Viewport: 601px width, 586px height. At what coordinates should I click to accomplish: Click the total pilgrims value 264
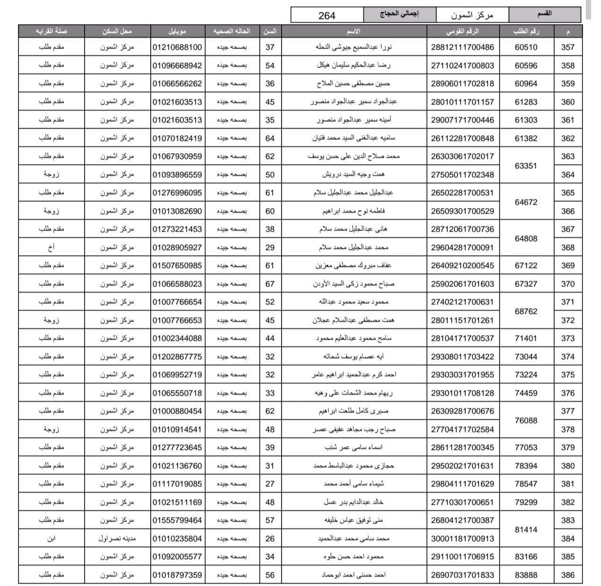[327, 15]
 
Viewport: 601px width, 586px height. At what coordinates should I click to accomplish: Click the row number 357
[567, 47]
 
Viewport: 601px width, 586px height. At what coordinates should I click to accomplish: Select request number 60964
[526, 84]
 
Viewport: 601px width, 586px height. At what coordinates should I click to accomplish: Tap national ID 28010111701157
[462, 102]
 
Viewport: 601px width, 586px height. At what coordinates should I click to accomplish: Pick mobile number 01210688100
[177, 47]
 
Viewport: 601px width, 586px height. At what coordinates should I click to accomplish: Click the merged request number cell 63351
[526, 165]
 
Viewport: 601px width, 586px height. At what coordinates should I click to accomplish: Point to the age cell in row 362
[270, 138]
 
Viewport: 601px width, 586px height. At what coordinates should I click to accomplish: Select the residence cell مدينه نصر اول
[117, 538]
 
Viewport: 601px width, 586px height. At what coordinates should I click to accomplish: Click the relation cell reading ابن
[52, 538]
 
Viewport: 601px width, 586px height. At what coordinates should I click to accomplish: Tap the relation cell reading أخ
[52, 247]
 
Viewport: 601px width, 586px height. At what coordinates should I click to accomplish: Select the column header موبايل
[177, 31]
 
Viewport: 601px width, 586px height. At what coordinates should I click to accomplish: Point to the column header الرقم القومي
[462, 31]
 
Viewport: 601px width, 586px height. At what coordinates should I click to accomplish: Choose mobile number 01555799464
[177, 520]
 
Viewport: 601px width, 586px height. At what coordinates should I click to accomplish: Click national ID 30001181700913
[462, 538]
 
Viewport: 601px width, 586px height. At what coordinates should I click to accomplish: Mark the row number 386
[567, 575]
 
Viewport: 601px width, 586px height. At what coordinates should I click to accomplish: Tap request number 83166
[526, 557]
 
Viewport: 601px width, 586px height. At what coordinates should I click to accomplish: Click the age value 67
[270, 284]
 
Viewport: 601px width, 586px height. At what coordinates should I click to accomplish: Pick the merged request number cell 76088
[526, 420]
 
